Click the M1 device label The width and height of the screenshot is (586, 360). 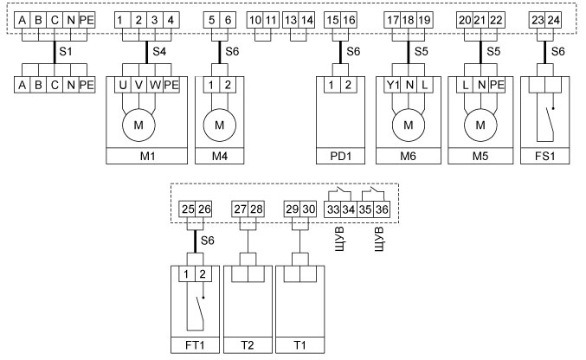pos(146,157)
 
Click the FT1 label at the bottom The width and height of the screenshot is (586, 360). pos(195,345)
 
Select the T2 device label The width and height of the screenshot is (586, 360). pos(248,345)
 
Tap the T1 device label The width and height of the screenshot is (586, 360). pos(299,345)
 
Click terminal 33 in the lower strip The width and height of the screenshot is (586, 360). pos(331,209)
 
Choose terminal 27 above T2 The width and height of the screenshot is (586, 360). pos(240,209)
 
